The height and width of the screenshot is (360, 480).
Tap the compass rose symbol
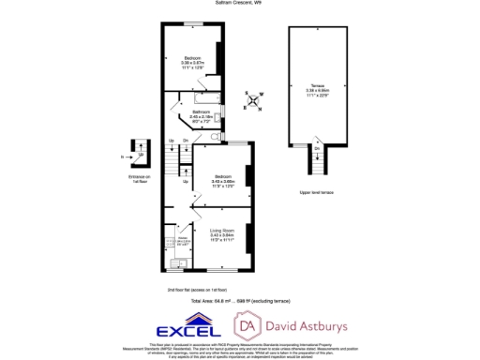[251, 98]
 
